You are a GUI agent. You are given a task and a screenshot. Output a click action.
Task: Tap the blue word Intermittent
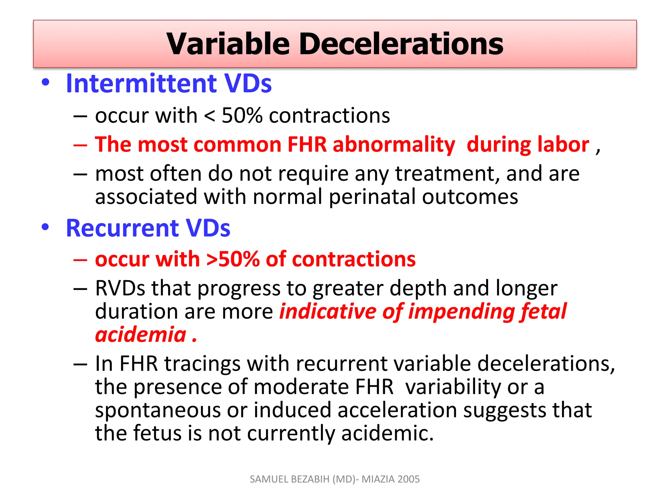(141, 84)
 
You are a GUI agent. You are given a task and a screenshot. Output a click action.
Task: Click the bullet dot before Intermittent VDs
(45, 82)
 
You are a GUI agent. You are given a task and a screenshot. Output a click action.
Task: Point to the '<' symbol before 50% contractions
(209, 116)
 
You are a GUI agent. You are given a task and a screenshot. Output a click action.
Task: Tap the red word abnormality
(394, 144)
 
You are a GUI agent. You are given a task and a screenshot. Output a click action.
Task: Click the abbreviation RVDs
(120, 288)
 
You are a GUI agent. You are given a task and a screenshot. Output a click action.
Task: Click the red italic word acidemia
(141, 335)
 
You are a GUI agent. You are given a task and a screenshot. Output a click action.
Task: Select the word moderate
(301, 387)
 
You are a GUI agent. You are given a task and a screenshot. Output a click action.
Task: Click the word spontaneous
(158, 410)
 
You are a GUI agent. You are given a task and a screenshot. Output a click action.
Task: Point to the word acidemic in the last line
(387, 433)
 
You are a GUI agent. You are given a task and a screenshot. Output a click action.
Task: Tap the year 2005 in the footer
(409, 479)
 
